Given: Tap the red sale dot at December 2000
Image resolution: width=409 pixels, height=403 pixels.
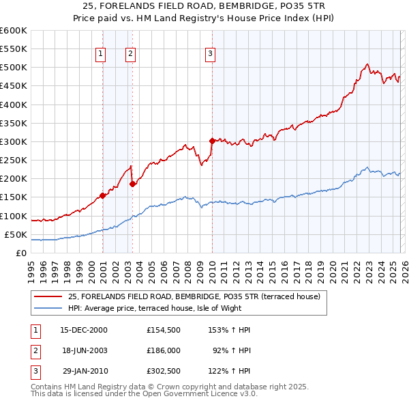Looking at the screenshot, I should [x=102, y=195].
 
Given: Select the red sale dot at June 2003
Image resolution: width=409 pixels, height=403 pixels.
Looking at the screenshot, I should [x=132, y=184].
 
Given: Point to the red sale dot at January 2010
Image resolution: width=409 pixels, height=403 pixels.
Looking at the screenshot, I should [x=212, y=141].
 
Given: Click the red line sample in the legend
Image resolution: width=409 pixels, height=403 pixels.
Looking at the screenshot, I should [x=48, y=296].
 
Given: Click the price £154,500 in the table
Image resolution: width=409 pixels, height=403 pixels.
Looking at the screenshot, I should [x=163, y=330].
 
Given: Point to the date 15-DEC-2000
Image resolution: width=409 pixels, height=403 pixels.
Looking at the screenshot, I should [x=84, y=330].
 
